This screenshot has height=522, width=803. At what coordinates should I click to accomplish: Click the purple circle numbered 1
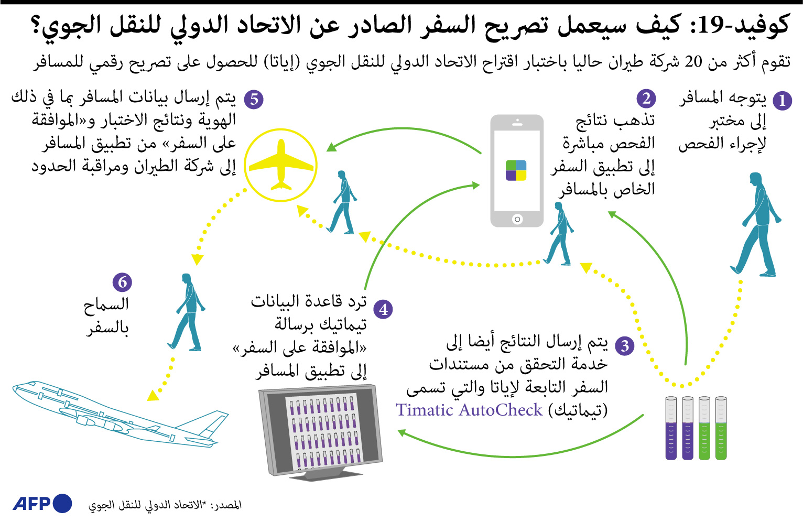click(782, 101)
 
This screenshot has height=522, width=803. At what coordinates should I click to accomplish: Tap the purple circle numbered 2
click(646, 98)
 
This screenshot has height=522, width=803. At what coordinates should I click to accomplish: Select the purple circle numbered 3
click(624, 346)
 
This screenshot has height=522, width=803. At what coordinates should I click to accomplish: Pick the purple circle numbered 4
click(383, 309)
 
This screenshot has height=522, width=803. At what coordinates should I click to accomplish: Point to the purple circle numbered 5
click(254, 99)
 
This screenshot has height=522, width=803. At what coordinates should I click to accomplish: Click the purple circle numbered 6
click(122, 282)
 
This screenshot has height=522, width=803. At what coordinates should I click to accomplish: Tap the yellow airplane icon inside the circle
click(281, 165)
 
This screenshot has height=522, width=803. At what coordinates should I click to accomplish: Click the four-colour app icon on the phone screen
click(516, 170)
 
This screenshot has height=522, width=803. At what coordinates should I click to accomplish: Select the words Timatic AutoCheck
click(469, 410)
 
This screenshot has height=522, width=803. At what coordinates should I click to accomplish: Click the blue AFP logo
click(42, 504)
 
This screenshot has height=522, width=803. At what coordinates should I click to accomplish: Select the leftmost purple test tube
click(671, 428)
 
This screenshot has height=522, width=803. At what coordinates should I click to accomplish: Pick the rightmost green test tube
click(721, 428)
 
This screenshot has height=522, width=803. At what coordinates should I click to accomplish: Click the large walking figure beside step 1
click(756, 224)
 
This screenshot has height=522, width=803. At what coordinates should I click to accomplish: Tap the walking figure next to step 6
click(186, 312)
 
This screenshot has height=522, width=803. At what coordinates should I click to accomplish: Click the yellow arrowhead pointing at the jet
click(154, 396)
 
